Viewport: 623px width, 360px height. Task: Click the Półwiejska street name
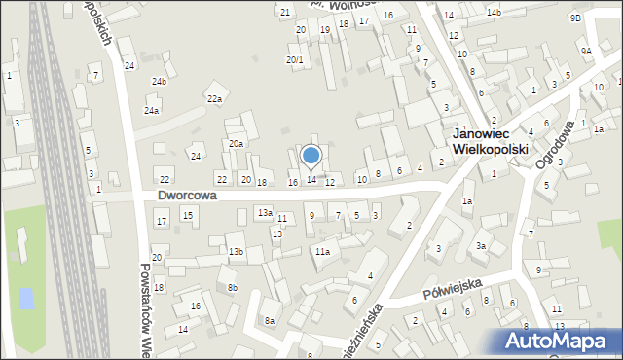point(454,288)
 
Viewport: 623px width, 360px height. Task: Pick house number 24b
point(159,82)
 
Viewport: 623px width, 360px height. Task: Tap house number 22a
point(214,99)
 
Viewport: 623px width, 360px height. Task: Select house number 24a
point(151,112)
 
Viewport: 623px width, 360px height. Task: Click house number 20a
point(236,144)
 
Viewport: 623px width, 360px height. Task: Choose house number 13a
point(264,212)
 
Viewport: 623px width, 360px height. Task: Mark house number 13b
point(236,252)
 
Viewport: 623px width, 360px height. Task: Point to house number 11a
point(322,252)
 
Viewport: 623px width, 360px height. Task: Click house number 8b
point(232,288)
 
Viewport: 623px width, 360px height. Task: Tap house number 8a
point(269,321)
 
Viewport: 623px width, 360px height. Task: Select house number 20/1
point(294,60)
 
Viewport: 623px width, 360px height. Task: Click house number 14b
point(494,12)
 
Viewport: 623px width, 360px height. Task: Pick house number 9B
point(575,18)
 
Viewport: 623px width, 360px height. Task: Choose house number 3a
point(481,246)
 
